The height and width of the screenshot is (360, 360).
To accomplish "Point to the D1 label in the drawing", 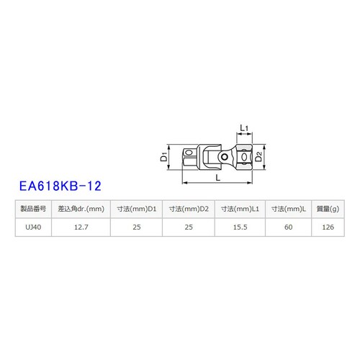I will [164, 156].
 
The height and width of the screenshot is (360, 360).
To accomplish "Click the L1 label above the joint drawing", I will [243, 128].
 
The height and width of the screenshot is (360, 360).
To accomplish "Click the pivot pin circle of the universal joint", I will [226, 156].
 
